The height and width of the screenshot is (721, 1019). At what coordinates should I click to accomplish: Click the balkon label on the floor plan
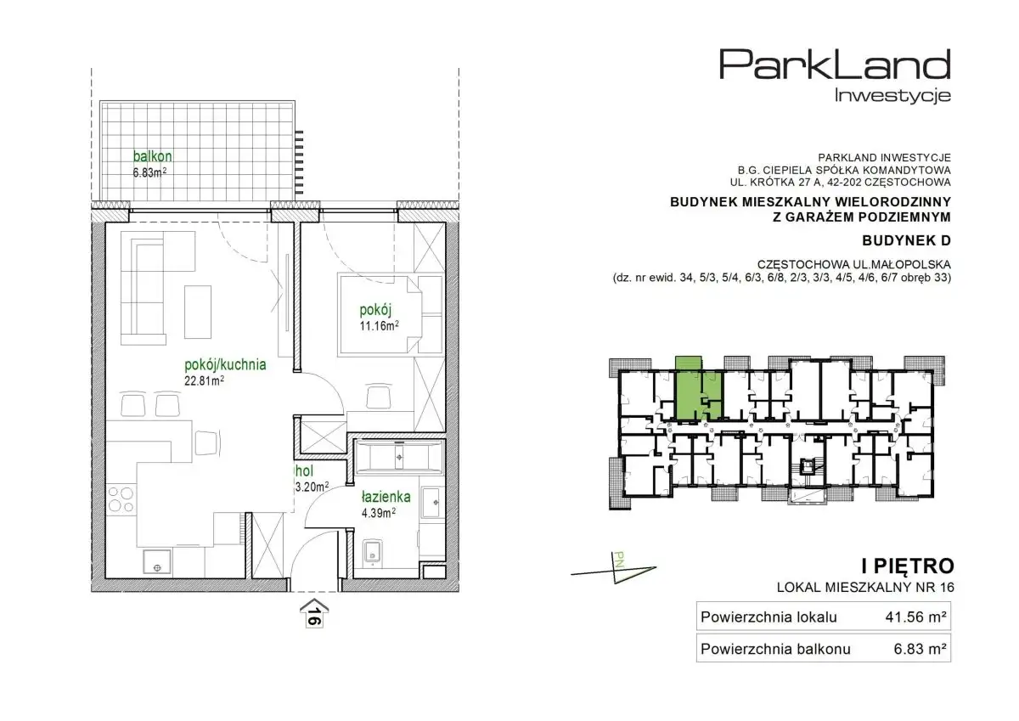tap(152, 156)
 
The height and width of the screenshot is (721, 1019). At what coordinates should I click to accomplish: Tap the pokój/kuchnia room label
tap(225, 365)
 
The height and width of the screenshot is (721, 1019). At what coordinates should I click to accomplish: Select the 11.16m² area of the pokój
tap(380, 326)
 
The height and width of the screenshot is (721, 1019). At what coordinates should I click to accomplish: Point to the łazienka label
tap(386, 497)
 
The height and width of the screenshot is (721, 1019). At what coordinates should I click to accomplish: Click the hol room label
tap(304, 471)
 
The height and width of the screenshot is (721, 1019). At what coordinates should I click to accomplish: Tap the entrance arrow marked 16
tap(314, 615)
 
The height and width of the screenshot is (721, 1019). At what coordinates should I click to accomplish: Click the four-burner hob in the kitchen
tap(121, 499)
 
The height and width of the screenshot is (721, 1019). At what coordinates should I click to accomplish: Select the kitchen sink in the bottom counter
tap(157, 562)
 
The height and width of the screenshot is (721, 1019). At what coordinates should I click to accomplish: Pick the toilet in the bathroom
tap(373, 553)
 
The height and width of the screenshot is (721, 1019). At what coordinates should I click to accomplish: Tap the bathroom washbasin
tap(431, 502)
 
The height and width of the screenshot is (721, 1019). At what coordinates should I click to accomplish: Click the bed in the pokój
tap(391, 314)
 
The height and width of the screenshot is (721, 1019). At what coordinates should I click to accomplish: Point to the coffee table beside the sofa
tap(197, 312)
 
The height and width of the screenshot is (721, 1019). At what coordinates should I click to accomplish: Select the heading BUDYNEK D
tap(906, 240)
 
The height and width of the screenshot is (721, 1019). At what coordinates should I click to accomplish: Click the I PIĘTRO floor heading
tap(908, 566)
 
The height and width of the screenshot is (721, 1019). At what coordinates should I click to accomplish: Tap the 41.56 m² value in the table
tap(915, 617)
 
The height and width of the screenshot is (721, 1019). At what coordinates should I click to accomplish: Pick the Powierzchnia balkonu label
tap(775, 649)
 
